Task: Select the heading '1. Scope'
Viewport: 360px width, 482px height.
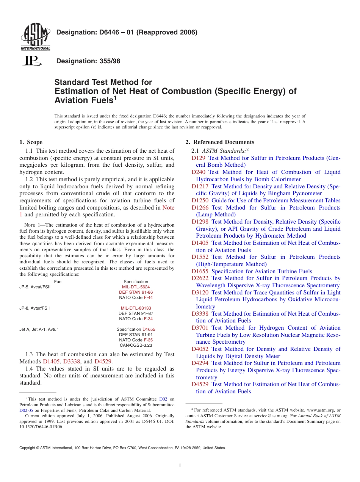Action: coord(31,142)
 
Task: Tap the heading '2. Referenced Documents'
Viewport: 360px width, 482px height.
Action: coord(220,142)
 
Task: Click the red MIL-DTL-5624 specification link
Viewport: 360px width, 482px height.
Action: coord(136,287)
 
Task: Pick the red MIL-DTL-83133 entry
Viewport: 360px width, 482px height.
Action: coord(136,308)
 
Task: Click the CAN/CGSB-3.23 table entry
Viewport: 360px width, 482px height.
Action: coord(136,345)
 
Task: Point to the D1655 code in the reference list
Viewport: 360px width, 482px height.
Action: coord(200,271)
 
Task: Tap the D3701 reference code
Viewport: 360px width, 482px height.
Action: coord(200,328)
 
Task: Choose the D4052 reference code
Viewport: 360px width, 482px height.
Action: coord(200,349)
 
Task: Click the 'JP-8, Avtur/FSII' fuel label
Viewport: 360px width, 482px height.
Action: coord(34,308)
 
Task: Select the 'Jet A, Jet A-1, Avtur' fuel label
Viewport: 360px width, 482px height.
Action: coord(39,330)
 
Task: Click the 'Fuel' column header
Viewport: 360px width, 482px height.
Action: coord(58,282)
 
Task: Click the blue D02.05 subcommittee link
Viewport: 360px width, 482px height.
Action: coord(26,410)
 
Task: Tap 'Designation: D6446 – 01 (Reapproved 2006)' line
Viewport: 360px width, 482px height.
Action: coord(127,33)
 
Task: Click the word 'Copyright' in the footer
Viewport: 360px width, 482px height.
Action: coord(27,448)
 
